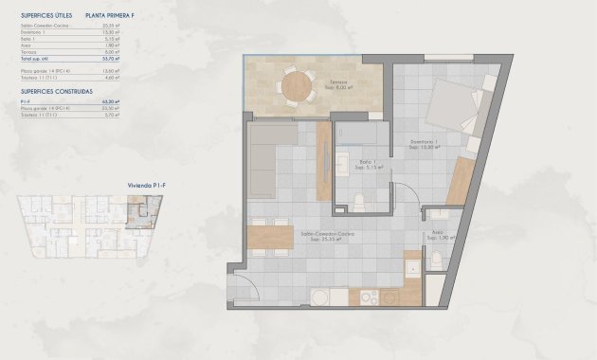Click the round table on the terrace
[298, 86]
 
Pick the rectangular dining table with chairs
[270, 235]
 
